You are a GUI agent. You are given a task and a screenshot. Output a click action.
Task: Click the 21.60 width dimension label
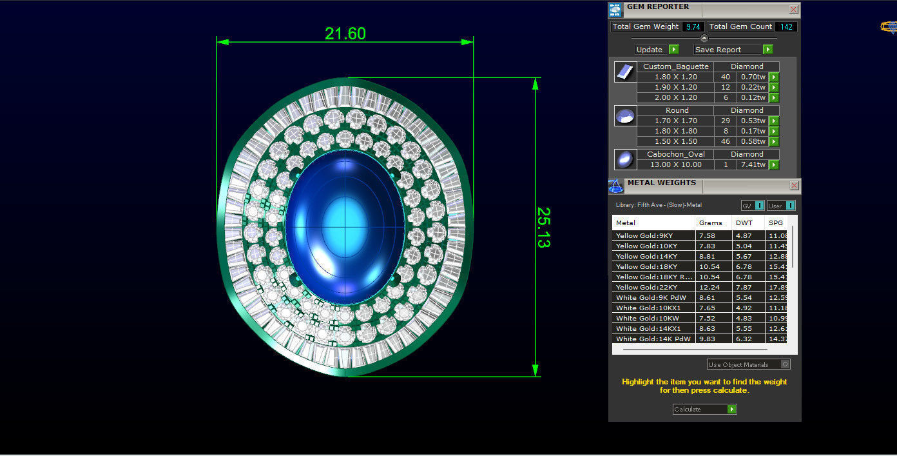pyautogui.click(x=345, y=34)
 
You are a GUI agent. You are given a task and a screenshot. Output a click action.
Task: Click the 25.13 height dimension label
pyautogui.click(x=543, y=228)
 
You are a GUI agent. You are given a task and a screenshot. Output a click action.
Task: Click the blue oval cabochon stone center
pyautogui.click(x=345, y=227)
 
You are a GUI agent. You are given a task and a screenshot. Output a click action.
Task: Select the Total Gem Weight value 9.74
pyautogui.click(x=693, y=26)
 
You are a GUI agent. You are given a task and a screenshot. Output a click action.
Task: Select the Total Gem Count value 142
pyautogui.click(x=786, y=26)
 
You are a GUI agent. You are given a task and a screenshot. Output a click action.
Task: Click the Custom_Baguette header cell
pyautogui.click(x=675, y=66)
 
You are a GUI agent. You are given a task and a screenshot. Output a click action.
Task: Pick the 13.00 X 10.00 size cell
pyautogui.click(x=675, y=164)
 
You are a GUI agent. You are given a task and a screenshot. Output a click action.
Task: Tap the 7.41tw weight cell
pyautogui.click(x=753, y=164)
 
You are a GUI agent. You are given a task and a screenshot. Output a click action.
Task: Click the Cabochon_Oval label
pyautogui.click(x=675, y=154)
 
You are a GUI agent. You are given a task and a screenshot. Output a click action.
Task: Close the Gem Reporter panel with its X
pyautogui.click(x=794, y=10)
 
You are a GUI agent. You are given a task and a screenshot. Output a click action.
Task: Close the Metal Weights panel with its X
pyautogui.click(x=794, y=186)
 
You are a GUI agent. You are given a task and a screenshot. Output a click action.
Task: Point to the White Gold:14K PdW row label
pyautogui.click(x=653, y=339)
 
